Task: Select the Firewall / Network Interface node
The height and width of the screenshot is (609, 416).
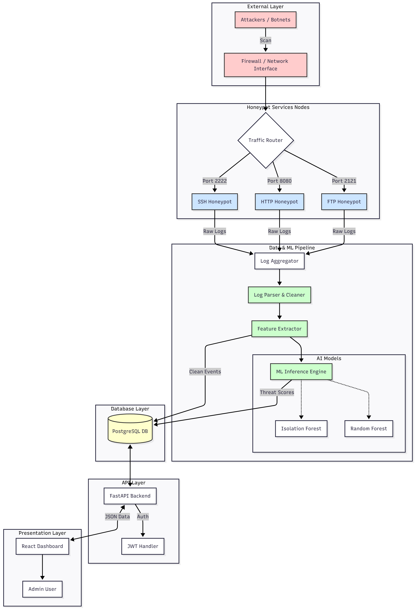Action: coord(265,65)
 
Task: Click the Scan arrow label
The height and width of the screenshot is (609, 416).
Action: coord(265,40)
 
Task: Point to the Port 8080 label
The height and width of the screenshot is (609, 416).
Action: coord(279,181)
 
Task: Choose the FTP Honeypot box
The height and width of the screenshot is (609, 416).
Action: coord(344,202)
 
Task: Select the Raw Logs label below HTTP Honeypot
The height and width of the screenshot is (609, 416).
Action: coord(279,231)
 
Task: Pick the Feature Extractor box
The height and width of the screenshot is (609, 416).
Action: coord(279,329)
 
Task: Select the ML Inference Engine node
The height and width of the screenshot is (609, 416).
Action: coord(301,371)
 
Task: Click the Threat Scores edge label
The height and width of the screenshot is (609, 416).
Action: coord(277,392)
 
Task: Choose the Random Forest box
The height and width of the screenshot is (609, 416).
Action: coord(368,428)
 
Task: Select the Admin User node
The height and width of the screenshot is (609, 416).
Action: coord(42,589)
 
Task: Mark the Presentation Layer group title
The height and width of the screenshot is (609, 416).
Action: coord(42,533)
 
